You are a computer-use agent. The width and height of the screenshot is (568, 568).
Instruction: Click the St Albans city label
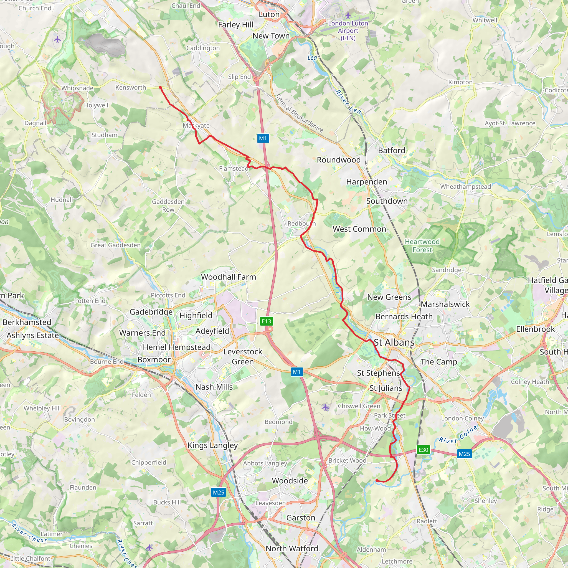394,342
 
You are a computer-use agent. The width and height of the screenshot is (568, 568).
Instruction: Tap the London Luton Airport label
348,30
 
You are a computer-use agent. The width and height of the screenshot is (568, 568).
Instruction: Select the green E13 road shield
267,321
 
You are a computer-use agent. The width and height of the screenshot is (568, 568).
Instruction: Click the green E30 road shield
423,450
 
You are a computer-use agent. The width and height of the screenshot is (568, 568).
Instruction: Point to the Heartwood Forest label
422,246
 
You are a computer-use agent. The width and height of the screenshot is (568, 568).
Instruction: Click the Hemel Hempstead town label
177,347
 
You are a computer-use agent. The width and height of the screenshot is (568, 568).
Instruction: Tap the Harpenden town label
367,182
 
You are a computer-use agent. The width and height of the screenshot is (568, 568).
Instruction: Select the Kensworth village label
131,88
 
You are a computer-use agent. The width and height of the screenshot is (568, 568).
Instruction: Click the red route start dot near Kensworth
160,87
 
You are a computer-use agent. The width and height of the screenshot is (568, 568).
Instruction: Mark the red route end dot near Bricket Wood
377,480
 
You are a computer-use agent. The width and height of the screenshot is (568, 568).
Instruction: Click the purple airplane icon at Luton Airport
348,15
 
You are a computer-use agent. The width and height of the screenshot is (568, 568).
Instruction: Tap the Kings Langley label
212,445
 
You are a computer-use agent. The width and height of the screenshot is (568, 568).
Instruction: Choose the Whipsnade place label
77,88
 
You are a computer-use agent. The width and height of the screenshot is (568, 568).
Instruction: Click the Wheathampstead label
465,187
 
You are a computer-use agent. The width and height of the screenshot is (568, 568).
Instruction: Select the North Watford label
292,549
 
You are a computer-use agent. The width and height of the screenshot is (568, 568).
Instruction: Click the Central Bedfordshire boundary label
299,113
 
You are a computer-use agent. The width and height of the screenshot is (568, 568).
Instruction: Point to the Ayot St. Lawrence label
510,123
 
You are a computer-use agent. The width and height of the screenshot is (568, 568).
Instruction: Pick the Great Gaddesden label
116,245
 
